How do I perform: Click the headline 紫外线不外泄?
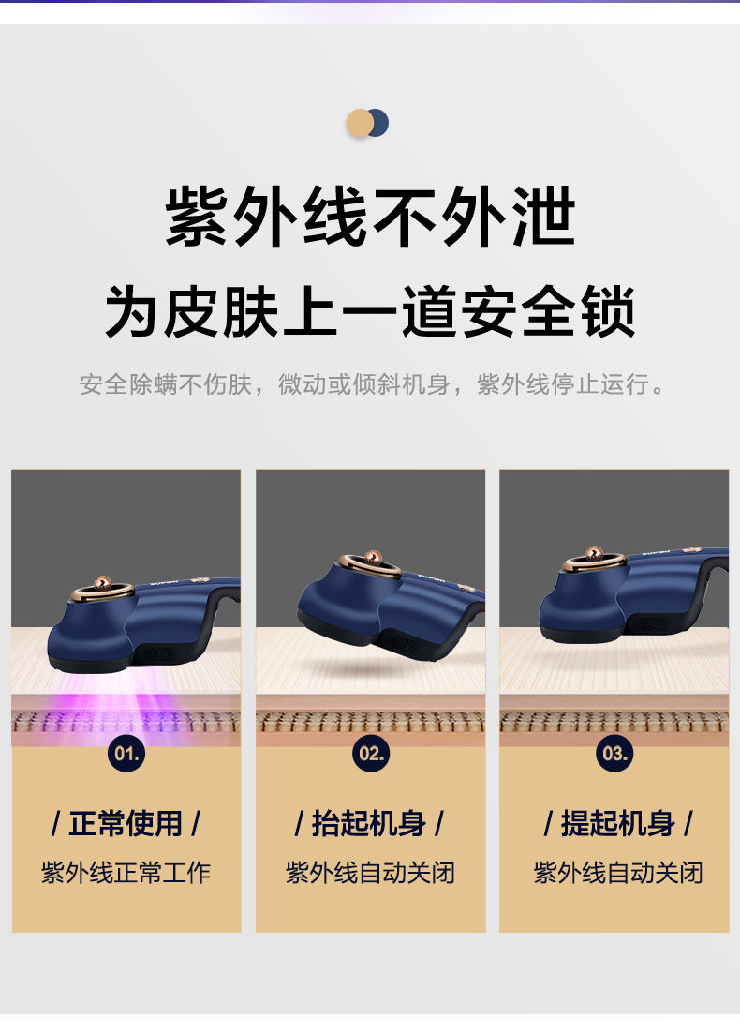point(370,218)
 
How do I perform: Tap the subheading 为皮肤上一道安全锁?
point(370,311)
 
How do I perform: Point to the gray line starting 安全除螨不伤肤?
point(373,384)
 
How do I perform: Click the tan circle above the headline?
point(359,124)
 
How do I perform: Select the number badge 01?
point(126,753)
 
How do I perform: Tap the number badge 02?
point(371,753)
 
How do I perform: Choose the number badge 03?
point(614,753)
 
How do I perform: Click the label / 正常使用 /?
point(126,824)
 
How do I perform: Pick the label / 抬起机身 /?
point(370,824)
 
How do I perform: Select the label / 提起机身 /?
point(615,824)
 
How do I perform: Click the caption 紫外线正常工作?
point(126,873)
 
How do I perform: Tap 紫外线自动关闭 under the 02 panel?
point(370,873)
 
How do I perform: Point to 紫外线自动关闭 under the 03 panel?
point(615,873)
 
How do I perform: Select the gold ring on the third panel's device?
point(595,561)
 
